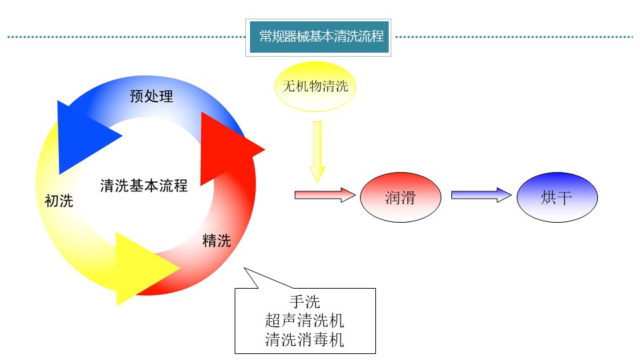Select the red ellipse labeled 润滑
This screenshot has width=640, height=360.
pos(401,198)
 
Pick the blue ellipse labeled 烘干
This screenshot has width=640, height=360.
pos(557,198)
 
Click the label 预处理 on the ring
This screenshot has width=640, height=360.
pos(151,96)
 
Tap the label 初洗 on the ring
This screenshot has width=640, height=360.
pos(59,201)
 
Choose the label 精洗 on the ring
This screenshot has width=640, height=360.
pos(217,241)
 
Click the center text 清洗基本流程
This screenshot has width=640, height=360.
pos(144,185)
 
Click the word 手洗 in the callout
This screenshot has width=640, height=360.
pos(305,301)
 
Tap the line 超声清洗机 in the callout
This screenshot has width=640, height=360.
pos(305,320)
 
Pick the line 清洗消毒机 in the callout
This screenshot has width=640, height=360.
pos(305,339)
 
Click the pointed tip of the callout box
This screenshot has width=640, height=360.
pos(245,269)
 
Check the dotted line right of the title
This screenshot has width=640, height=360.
pos(513,37)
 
